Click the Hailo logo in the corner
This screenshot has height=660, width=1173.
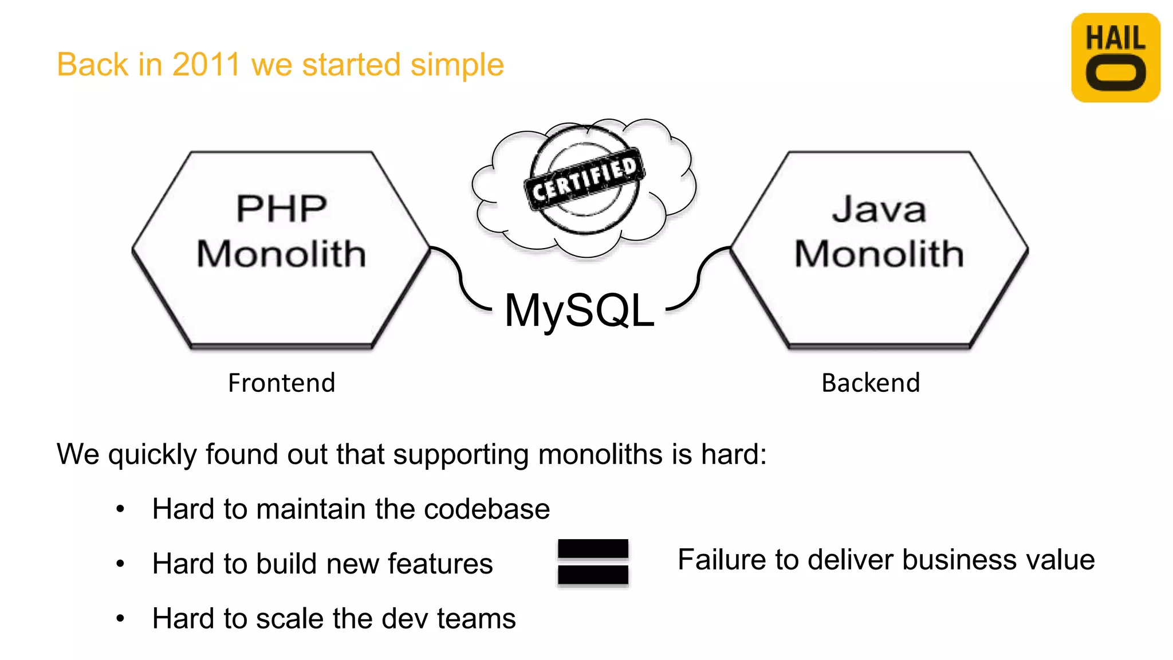click(x=1115, y=57)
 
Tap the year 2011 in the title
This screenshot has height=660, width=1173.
click(x=206, y=64)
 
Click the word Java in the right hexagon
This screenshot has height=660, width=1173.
click(x=879, y=209)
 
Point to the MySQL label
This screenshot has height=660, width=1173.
click(x=579, y=310)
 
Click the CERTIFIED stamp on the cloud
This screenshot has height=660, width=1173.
click(x=584, y=180)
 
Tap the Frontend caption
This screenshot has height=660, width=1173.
click(x=281, y=383)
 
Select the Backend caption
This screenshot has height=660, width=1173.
click(x=871, y=383)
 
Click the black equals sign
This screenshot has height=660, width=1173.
click(x=593, y=562)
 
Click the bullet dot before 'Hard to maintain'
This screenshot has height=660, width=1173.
click(x=120, y=509)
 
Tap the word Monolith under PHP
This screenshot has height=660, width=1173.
click(x=281, y=254)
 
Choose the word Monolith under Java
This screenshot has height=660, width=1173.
click(x=879, y=254)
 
